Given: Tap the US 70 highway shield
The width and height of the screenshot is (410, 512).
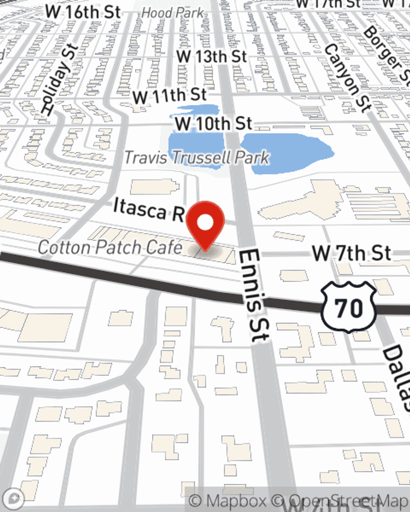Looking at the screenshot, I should pos(348,307).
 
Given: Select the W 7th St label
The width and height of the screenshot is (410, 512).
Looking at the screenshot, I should pos(351,253).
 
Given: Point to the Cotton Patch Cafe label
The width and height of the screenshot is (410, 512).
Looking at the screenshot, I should pos(110,247).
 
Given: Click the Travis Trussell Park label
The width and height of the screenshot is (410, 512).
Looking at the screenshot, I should pos(197,157).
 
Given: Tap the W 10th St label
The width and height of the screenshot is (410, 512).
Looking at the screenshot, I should pos(213,124).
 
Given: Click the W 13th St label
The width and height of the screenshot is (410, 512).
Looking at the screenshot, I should pos(212,57).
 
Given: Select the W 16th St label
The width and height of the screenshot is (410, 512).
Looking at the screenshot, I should pos(83,12).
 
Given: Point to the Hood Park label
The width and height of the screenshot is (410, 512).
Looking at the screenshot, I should pos(173,13).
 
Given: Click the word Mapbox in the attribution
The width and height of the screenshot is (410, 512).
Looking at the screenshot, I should pos(236,501).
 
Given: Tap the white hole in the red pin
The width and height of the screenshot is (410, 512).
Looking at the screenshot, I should pos(205,223).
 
